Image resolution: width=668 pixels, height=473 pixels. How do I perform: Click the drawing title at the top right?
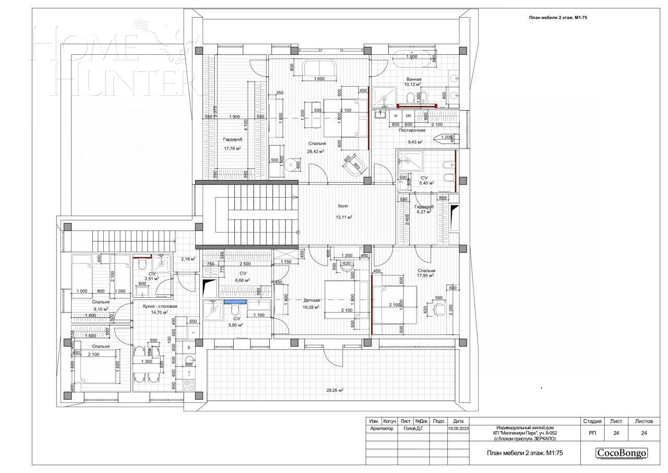558,17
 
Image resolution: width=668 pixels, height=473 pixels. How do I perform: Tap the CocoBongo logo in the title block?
622,453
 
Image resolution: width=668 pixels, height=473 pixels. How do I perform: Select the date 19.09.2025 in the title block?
458,429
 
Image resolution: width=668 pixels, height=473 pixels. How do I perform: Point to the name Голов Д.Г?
413,429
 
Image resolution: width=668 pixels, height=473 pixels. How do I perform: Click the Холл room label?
342,206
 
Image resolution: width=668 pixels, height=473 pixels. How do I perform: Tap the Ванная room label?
414,79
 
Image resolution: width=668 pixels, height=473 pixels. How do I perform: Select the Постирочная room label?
412,130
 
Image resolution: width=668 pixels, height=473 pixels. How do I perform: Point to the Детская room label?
312,301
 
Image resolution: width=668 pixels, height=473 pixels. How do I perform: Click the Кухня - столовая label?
160,306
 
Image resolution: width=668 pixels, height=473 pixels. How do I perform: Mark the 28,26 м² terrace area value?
335,390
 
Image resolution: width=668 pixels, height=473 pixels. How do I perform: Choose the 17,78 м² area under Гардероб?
232,148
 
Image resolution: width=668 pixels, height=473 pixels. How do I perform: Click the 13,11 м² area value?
343,217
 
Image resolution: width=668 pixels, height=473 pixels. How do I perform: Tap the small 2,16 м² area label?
188,259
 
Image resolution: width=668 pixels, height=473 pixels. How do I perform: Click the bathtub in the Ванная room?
412,57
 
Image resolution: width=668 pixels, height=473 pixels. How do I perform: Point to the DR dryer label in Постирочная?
409,116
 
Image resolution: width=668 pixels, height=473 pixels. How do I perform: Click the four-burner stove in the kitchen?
190,385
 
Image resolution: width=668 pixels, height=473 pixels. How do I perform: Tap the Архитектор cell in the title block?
381,429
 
